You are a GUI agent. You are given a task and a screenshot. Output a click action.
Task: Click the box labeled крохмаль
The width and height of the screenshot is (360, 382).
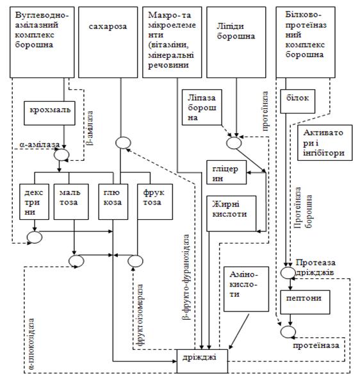pos(49,113)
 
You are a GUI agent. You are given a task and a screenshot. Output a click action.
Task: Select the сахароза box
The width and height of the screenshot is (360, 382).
pos(108,42)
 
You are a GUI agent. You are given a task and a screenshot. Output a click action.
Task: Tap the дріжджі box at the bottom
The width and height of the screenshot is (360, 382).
pos(202,361)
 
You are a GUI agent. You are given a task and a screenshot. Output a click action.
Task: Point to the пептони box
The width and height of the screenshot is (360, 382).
pos(306,302)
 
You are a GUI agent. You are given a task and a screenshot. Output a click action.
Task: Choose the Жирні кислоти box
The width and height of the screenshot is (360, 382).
pos(231,213)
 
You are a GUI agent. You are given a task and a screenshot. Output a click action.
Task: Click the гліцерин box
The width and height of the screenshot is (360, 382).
pos(226,172)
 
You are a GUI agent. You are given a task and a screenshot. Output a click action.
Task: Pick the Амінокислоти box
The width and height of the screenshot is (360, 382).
pos(247,289)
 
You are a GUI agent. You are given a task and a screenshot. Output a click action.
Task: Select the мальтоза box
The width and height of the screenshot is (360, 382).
pos(71,202)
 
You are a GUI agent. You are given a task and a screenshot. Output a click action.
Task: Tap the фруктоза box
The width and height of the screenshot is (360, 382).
pos(155,202)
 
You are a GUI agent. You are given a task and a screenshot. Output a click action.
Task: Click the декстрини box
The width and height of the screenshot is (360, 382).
pos(34,202)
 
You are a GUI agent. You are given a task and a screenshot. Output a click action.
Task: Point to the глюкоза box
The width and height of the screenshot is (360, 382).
pos(113,202)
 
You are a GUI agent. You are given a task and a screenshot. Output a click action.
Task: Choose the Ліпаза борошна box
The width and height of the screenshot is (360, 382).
pos(202,107)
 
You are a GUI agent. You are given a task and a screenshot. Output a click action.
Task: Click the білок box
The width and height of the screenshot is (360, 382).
pos(298,101)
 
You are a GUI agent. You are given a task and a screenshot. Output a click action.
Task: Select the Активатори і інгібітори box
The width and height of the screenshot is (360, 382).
pos(325,142)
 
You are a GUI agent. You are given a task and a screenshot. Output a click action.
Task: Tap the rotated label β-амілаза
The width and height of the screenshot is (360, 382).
pos(90,128)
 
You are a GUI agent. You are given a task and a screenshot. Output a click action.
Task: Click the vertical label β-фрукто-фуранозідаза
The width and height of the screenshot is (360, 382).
pos(186,277)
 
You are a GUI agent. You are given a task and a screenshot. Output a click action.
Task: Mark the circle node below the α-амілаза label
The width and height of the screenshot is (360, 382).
pos(61,154)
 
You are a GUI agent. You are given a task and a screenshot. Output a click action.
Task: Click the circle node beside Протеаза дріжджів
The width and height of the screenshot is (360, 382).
pos(288,272)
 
